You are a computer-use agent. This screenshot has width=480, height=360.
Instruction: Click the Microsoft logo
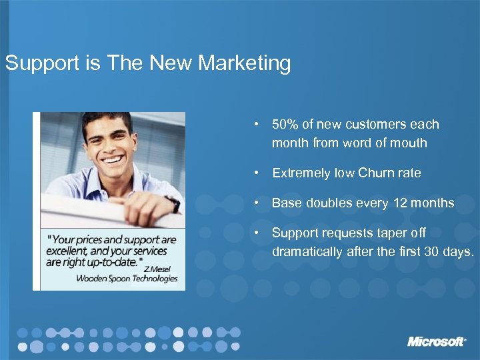pyautogui.click(x=437, y=341)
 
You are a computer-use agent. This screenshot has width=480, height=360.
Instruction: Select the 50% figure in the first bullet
pyautogui.click(x=285, y=125)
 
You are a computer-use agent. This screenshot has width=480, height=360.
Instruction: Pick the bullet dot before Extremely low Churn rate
pyautogui.click(x=256, y=173)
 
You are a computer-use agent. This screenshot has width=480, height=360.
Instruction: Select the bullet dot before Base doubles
pyautogui.click(x=256, y=203)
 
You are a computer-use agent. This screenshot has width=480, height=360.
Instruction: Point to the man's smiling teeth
pyautogui.click(x=111, y=161)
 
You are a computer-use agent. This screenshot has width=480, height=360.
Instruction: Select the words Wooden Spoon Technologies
pyautogui.click(x=127, y=279)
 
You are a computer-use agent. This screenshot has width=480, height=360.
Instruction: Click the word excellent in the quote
pyautogui.click(x=67, y=251)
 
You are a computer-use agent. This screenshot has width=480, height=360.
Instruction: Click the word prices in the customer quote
pyautogui.click(x=90, y=239)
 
